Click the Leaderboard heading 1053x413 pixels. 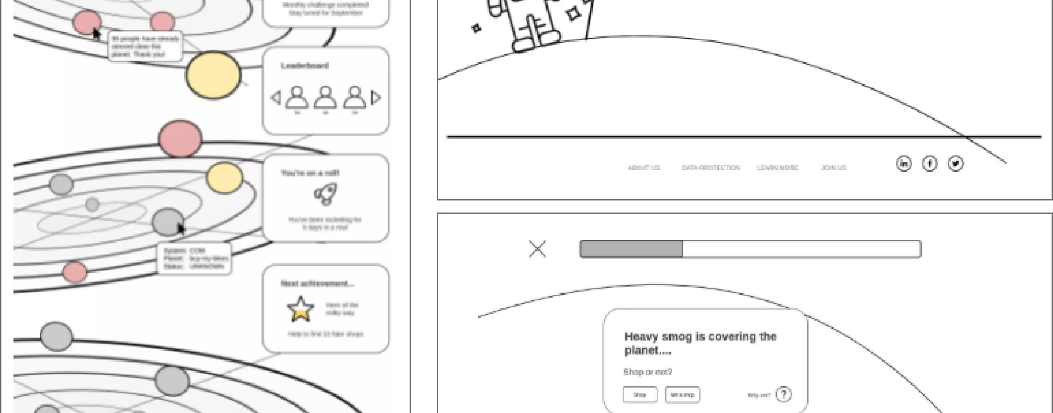pyautogui.click(x=305, y=66)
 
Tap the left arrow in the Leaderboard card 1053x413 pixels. pyautogui.click(x=276, y=98)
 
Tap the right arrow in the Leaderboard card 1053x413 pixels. pyautogui.click(x=376, y=98)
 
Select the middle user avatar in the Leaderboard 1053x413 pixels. pyautogui.click(x=326, y=98)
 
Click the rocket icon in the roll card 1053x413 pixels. pyautogui.click(x=326, y=194)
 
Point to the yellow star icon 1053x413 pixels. pyautogui.click(x=300, y=309)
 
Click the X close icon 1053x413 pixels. pyautogui.click(x=537, y=249)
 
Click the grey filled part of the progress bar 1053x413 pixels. pyautogui.click(x=631, y=249)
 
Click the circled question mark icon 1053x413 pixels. pyautogui.click(x=783, y=394)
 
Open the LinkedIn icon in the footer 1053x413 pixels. pyautogui.click(x=903, y=164)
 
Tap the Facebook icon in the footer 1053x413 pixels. pyautogui.click(x=930, y=164)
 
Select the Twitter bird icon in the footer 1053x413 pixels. pyautogui.click(x=955, y=164)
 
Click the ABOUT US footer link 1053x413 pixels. pyautogui.click(x=644, y=168)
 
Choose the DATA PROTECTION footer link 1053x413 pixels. pyautogui.click(x=711, y=168)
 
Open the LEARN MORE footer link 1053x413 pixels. pyautogui.click(x=777, y=168)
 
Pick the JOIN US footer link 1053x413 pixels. pyautogui.click(x=834, y=168)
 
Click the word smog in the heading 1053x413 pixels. pyautogui.click(x=674, y=337)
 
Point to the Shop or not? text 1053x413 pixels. pyautogui.click(x=648, y=372)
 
